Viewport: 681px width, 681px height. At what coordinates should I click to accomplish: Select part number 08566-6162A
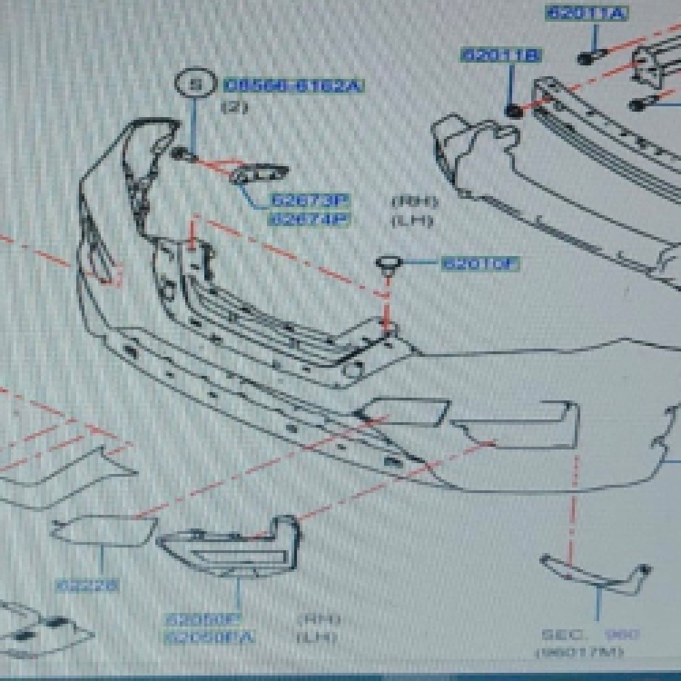tap(294, 86)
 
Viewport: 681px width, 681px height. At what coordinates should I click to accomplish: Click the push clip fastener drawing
tap(389, 264)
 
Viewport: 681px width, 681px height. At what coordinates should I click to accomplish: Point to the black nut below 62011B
tap(514, 110)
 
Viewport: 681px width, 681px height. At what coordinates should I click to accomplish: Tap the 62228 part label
tap(87, 584)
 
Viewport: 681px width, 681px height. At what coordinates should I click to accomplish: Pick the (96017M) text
tap(579, 652)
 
